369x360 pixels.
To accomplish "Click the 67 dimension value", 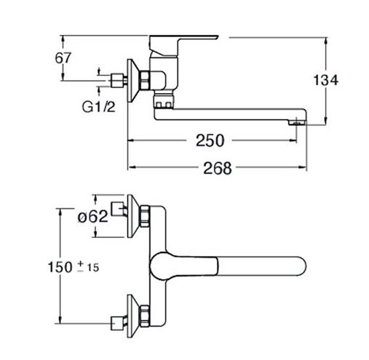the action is click(63, 58).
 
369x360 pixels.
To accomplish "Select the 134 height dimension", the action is click(326, 80).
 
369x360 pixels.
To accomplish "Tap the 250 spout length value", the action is click(210, 140).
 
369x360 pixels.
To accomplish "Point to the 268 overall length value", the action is click(218, 168).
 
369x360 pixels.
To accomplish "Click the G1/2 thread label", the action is click(98, 107).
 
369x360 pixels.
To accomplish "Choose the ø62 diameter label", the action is click(93, 216).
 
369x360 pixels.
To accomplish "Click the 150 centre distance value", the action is click(60, 267).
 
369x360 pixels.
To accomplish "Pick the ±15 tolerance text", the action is click(88, 267).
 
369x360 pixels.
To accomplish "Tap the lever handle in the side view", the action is click(183, 45).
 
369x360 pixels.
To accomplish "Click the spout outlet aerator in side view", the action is click(296, 123).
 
